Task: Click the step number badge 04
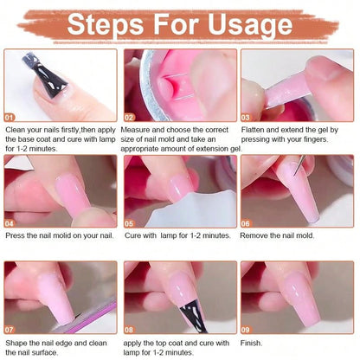tap(10, 222)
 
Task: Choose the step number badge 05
tap(129, 222)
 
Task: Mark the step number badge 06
tap(247, 222)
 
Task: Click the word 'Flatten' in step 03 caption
tap(256, 129)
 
